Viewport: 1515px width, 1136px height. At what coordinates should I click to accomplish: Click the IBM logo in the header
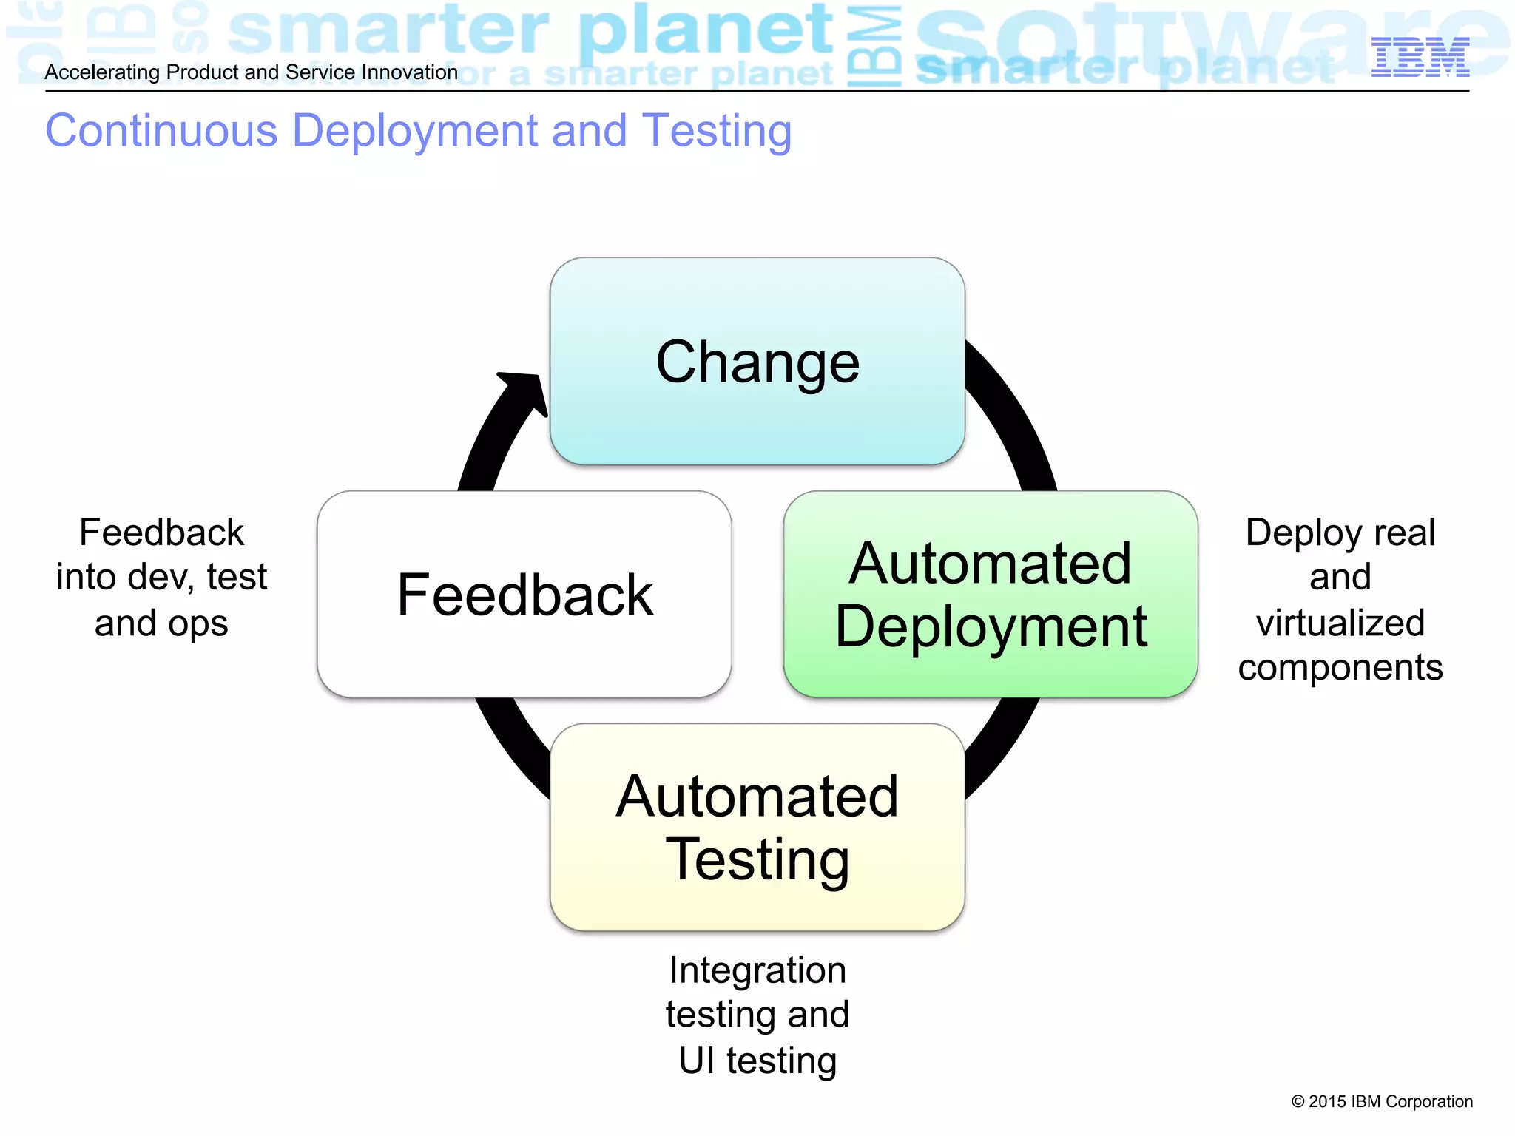(1420, 57)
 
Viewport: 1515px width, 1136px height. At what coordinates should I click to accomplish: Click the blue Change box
(757, 362)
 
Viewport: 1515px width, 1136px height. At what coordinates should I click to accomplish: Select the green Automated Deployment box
(990, 594)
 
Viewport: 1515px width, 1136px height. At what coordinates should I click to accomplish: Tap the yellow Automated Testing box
(757, 827)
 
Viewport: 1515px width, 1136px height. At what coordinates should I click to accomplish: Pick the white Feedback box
(524, 594)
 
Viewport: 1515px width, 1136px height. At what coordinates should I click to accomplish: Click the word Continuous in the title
(161, 131)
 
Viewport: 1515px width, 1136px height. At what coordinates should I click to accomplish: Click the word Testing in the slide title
(717, 131)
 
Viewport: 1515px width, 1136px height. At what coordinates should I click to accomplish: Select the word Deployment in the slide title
(414, 131)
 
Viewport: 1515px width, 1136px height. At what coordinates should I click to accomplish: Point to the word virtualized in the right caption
(1340, 623)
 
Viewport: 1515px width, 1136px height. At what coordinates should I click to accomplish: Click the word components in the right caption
(1340, 667)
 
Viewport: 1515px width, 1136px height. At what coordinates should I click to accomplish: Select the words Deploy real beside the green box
(1340, 532)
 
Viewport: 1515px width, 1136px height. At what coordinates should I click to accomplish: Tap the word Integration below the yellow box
(757, 970)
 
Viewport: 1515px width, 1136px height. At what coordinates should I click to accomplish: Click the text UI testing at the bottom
(757, 1060)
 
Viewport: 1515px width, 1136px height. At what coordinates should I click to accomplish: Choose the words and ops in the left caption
(161, 623)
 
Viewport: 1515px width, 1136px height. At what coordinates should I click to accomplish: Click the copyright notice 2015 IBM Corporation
(1382, 1101)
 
